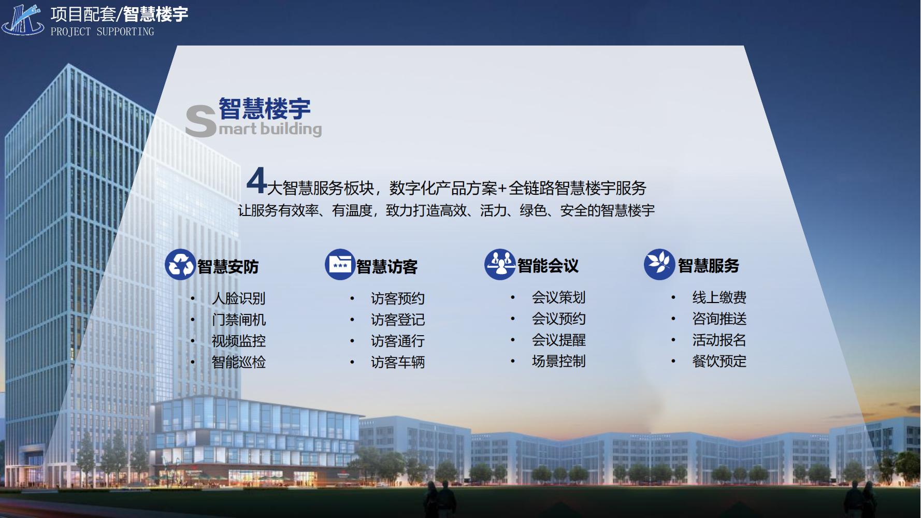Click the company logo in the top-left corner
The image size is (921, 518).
click(x=23, y=19)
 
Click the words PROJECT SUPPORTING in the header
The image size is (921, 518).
click(x=103, y=32)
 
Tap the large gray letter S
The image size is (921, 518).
click(x=200, y=121)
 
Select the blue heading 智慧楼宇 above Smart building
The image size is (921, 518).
click(x=264, y=109)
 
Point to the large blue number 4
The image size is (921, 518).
click(x=257, y=180)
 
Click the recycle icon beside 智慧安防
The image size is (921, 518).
click(x=180, y=265)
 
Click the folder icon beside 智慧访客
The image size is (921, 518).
click(x=340, y=265)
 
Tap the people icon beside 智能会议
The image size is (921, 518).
click(x=500, y=264)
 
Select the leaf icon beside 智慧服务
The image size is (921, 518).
click(x=659, y=264)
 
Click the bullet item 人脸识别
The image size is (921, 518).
click(x=239, y=298)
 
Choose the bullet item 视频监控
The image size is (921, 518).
click(x=239, y=341)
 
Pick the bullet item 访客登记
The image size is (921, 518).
click(x=398, y=320)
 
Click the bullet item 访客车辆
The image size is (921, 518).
click(x=398, y=362)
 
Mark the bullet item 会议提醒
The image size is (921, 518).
click(x=559, y=340)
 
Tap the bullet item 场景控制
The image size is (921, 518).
click(x=559, y=361)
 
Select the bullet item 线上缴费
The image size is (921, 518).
click(x=719, y=297)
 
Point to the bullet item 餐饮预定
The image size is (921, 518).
click(x=719, y=361)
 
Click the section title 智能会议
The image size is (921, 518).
click(x=548, y=266)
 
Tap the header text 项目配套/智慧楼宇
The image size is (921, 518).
click(x=120, y=14)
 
